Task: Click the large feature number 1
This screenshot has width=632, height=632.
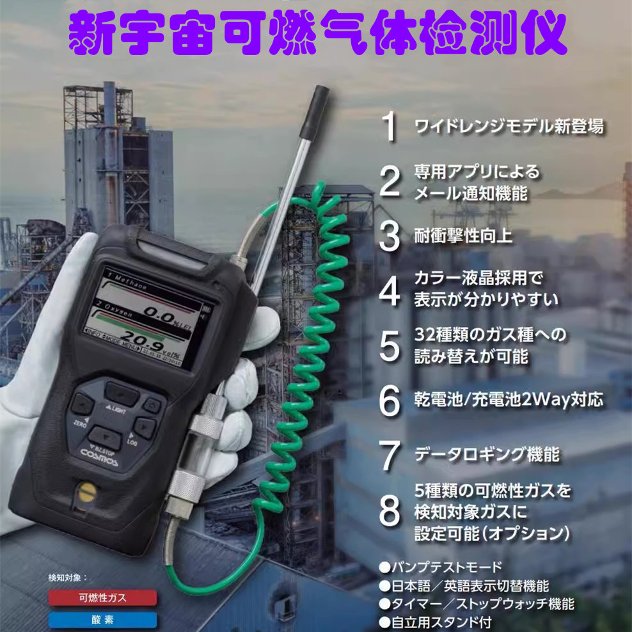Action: click(390, 127)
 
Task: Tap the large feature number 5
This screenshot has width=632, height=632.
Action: click(390, 346)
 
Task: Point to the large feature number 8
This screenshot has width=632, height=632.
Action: click(390, 511)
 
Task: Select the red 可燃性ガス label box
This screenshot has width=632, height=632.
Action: click(102, 598)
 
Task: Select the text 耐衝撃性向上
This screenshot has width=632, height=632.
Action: click(463, 236)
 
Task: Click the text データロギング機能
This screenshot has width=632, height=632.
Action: click(487, 454)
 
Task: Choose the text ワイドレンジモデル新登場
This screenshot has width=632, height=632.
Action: click(509, 126)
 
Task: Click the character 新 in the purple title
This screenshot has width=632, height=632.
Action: click(97, 33)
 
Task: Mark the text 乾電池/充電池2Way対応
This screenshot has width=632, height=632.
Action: click(509, 400)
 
